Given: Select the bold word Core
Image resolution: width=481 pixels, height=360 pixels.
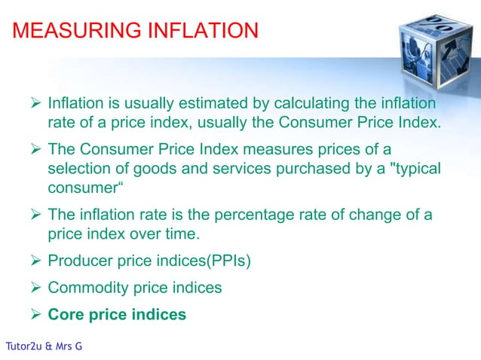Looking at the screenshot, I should pos(66,314).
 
